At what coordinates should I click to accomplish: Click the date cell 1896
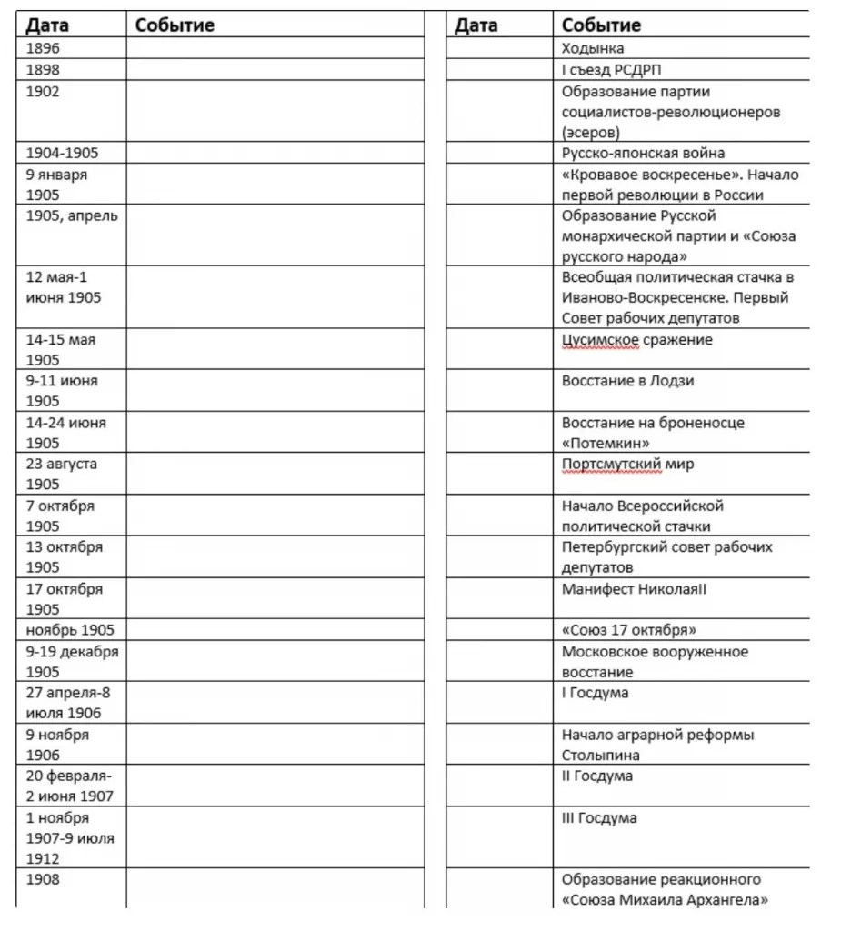(x=43, y=48)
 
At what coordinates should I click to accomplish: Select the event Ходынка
(x=593, y=48)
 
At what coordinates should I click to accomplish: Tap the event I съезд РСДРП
(x=617, y=70)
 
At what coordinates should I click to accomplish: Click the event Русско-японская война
(x=643, y=153)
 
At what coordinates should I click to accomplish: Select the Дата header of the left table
(x=47, y=25)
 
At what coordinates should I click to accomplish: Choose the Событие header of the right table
(x=601, y=25)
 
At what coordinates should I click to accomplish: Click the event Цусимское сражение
(x=636, y=340)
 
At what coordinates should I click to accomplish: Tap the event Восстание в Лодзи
(x=627, y=381)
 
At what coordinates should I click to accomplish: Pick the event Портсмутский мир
(x=627, y=464)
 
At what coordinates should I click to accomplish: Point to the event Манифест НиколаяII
(x=634, y=588)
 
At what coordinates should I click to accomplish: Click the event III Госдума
(x=599, y=818)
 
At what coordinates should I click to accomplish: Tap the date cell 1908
(x=43, y=879)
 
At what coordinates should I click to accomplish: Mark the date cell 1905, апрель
(x=72, y=216)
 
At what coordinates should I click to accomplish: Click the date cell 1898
(x=43, y=70)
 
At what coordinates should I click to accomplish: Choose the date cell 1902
(x=43, y=91)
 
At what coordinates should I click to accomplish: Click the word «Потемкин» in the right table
(x=605, y=443)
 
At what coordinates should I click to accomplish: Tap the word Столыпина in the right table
(x=600, y=755)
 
